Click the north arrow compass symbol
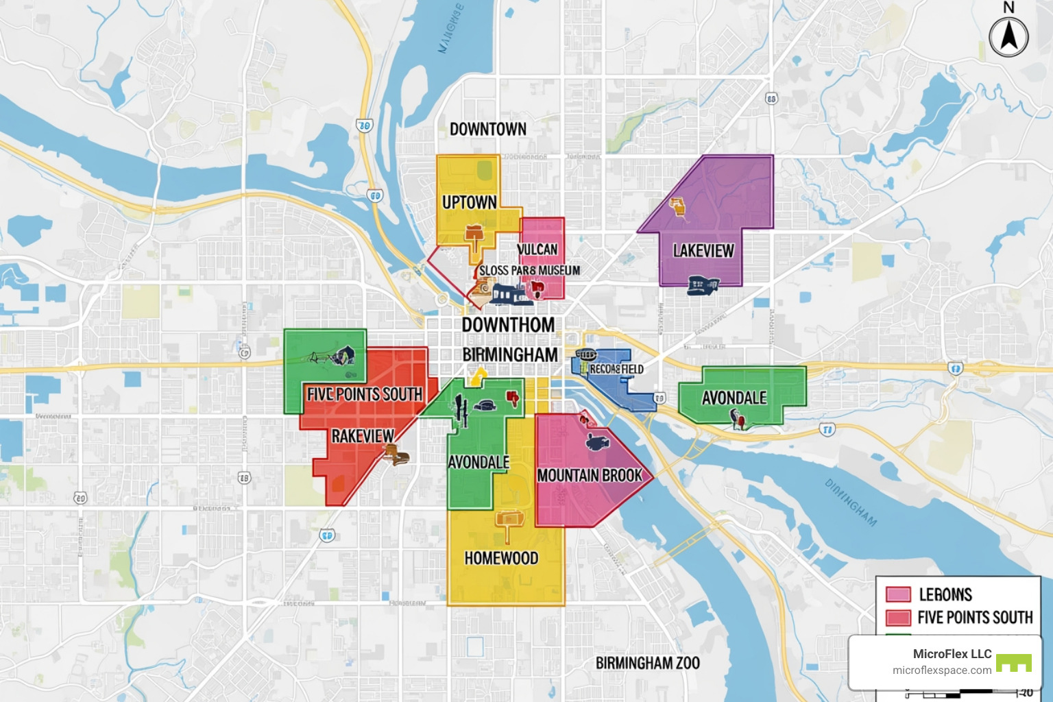click(1008, 36)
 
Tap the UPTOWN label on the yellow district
click(470, 203)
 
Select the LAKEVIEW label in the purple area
click(703, 251)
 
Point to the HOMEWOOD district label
click(501, 559)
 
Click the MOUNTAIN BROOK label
click(590, 476)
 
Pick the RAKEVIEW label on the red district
click(363, 437)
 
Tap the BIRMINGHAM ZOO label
click(647, 663)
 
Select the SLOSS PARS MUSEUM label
click(529, 271)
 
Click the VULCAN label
click(538, 250)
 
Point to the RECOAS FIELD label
click(616, 369)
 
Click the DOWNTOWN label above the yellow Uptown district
click(488, 129)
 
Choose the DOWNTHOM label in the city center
click(508, 325)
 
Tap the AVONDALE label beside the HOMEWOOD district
click(479, 463)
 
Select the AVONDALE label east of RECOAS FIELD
click(734, 398)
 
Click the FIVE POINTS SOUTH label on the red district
click(364, 395)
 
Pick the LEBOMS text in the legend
click(945, 594)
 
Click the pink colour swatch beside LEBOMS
click(898, 594)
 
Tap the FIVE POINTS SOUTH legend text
click(975, 618)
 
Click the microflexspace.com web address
click(942, 670)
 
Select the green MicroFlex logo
click(1014, 663)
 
